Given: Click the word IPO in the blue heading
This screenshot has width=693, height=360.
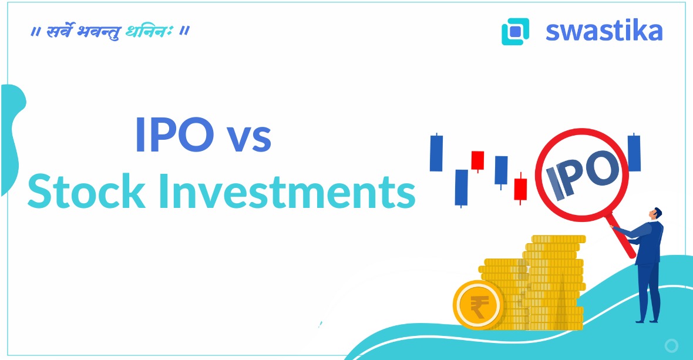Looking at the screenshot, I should [x=174, y=135].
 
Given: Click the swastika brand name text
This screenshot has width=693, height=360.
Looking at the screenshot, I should [x=604, y=31].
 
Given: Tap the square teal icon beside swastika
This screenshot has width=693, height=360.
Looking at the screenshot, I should [x=515, y=32].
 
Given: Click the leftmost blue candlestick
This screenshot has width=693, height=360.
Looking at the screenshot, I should [x=436, y=153].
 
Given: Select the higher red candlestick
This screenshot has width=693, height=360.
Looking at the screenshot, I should [x=477, y=160].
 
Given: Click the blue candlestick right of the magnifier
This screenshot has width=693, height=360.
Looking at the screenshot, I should [x=634, y=153].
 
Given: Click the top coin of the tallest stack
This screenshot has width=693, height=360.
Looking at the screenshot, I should [x=559, y=239].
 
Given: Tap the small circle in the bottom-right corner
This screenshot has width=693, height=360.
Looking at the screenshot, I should [x=671, y=345].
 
